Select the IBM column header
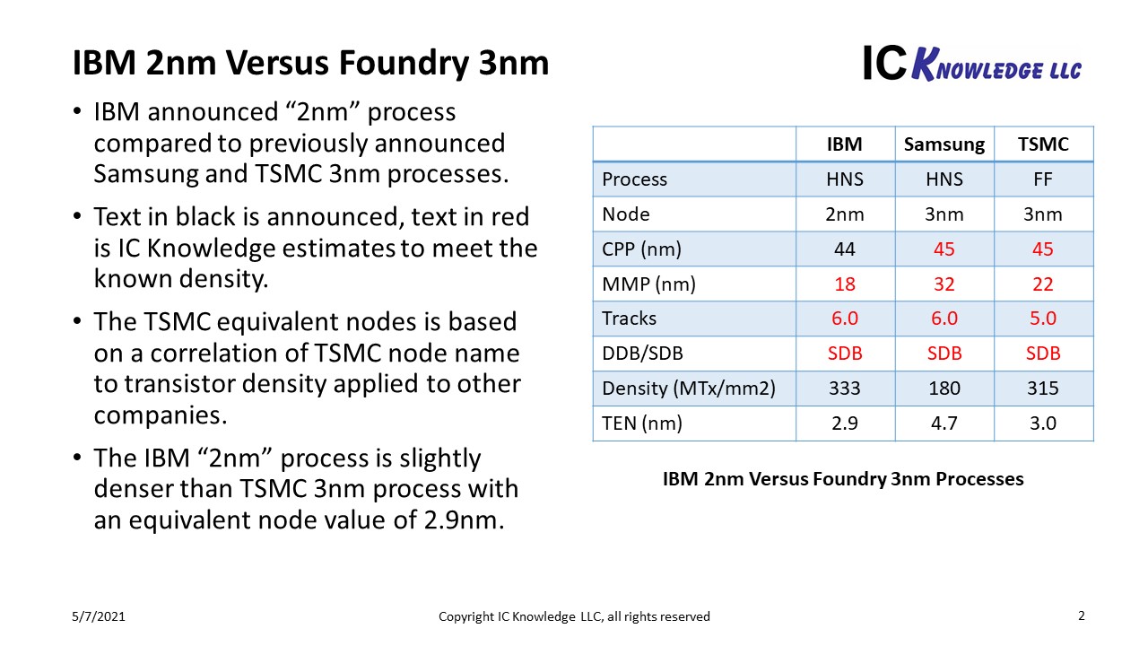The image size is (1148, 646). pos(844,144)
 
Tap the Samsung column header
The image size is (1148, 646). pos(944,144)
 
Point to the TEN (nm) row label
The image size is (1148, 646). pos(642,423)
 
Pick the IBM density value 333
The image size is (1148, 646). pos(844,388)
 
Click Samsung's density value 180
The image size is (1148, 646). pos(944,388)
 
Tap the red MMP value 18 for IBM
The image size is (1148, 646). pos(844,284)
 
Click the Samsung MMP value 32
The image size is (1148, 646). pos(944,284)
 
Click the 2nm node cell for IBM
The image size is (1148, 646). pos(844,214)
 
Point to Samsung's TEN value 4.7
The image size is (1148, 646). pos(944,423)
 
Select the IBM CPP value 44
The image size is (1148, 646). pos(844,249)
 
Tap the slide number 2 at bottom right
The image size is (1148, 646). pos(1081,615)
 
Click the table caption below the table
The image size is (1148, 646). pos(842,479)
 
